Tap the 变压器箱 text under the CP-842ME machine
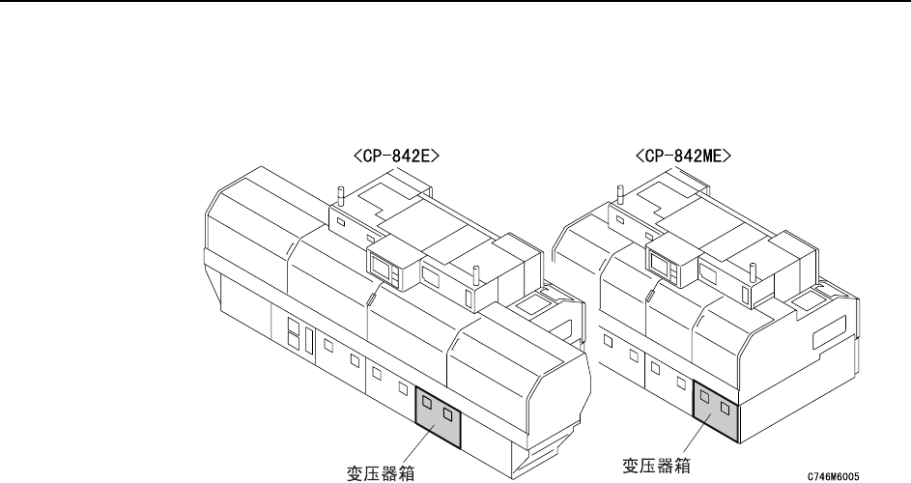coord(657,465)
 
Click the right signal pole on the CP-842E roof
coord(474,272)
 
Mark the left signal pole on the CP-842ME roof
coord(619,193)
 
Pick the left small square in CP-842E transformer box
coord(427,405)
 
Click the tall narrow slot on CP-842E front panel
coord(308,340)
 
